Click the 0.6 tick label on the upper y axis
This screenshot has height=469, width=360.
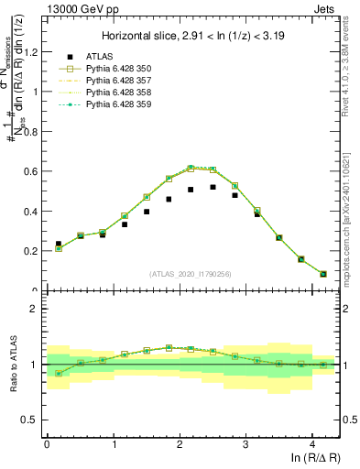[31, 171]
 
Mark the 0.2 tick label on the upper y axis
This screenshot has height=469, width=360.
[31, 251]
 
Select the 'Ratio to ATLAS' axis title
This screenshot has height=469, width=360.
[12, 365]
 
